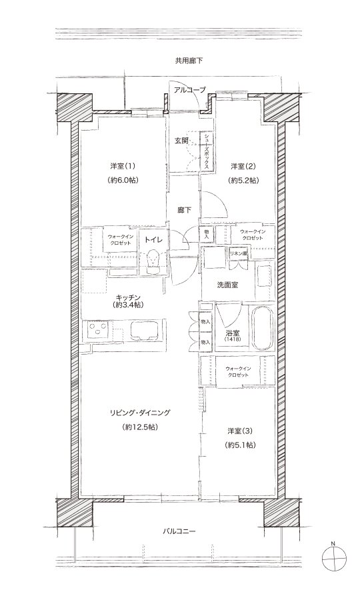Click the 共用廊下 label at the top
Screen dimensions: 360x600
pyautogui.click(x=189, y=60)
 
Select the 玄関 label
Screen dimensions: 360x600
pyautogui.click(x=182, y=141)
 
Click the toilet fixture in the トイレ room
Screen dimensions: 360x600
pyautogui.click(x=154, y=261)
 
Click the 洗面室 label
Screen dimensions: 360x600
pyautogui.click(x=227, y=285)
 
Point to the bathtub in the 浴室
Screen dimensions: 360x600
pyautogui.click(x=262, y=327)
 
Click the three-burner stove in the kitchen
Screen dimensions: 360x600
pyautogui.click(x=98, y=330)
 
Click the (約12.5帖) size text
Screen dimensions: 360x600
pyautogui.click(x=141, y=427)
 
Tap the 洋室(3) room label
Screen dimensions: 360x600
pyautogui.click(x=240, y=431)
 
